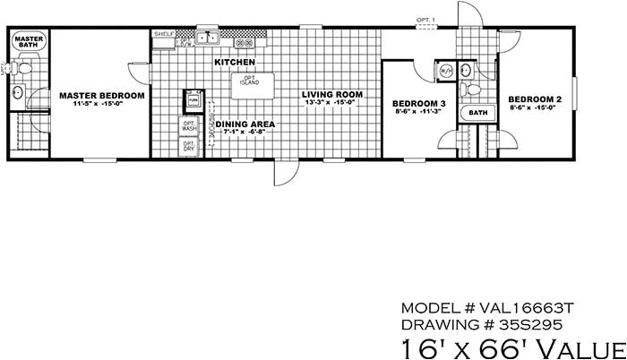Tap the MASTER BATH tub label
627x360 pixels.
pyautogui.click(x=28, y=42)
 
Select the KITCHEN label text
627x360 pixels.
pyautogui.click(x=235, y=62)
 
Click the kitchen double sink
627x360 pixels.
pyautogui.click(x=208, y=39)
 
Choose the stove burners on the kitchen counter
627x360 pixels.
pyautogui.click(x=245, y=41)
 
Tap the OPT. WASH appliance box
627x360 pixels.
pyautogui.click(x=189, y=126)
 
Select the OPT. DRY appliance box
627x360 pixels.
pyautogui.click(x=189, y=146)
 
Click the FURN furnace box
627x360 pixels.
pyautogui.click(x=191, y=100)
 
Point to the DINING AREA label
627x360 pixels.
pyautogui.click(x=245, y=124)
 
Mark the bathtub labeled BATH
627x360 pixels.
pyautogui.click(x=479, y=113)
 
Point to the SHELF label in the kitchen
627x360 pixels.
pyautogui.click(x=163, y=33)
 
